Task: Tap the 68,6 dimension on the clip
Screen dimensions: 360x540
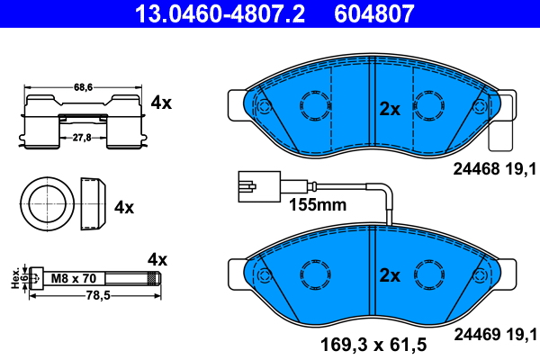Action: pyautogui.click(x=84, y=87)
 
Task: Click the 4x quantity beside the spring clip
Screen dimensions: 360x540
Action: pyautogui.click(x=161, y=103)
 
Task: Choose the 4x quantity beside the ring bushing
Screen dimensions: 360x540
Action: pyautogui.click(x=124, y=207)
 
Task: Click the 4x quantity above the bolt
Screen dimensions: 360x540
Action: pyautogui.click(x=157, y=259)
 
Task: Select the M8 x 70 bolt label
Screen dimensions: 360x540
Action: pyautogui.click(x=71, y=278)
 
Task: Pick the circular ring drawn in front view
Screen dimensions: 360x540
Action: pyautogui.click(x=46, y=203)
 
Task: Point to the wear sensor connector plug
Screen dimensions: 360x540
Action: pyautogui.click(x=244, y=189)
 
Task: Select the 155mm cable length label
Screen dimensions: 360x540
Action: pyautogui.click(x=317, y=205)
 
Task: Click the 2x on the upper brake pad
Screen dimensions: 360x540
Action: pyautogui.click(x=389, y=109)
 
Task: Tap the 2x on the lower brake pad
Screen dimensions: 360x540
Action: pyautogui.click(x=389, y=275)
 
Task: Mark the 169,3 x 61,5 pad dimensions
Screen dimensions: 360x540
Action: pyautogui.click(x=375, y=343)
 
